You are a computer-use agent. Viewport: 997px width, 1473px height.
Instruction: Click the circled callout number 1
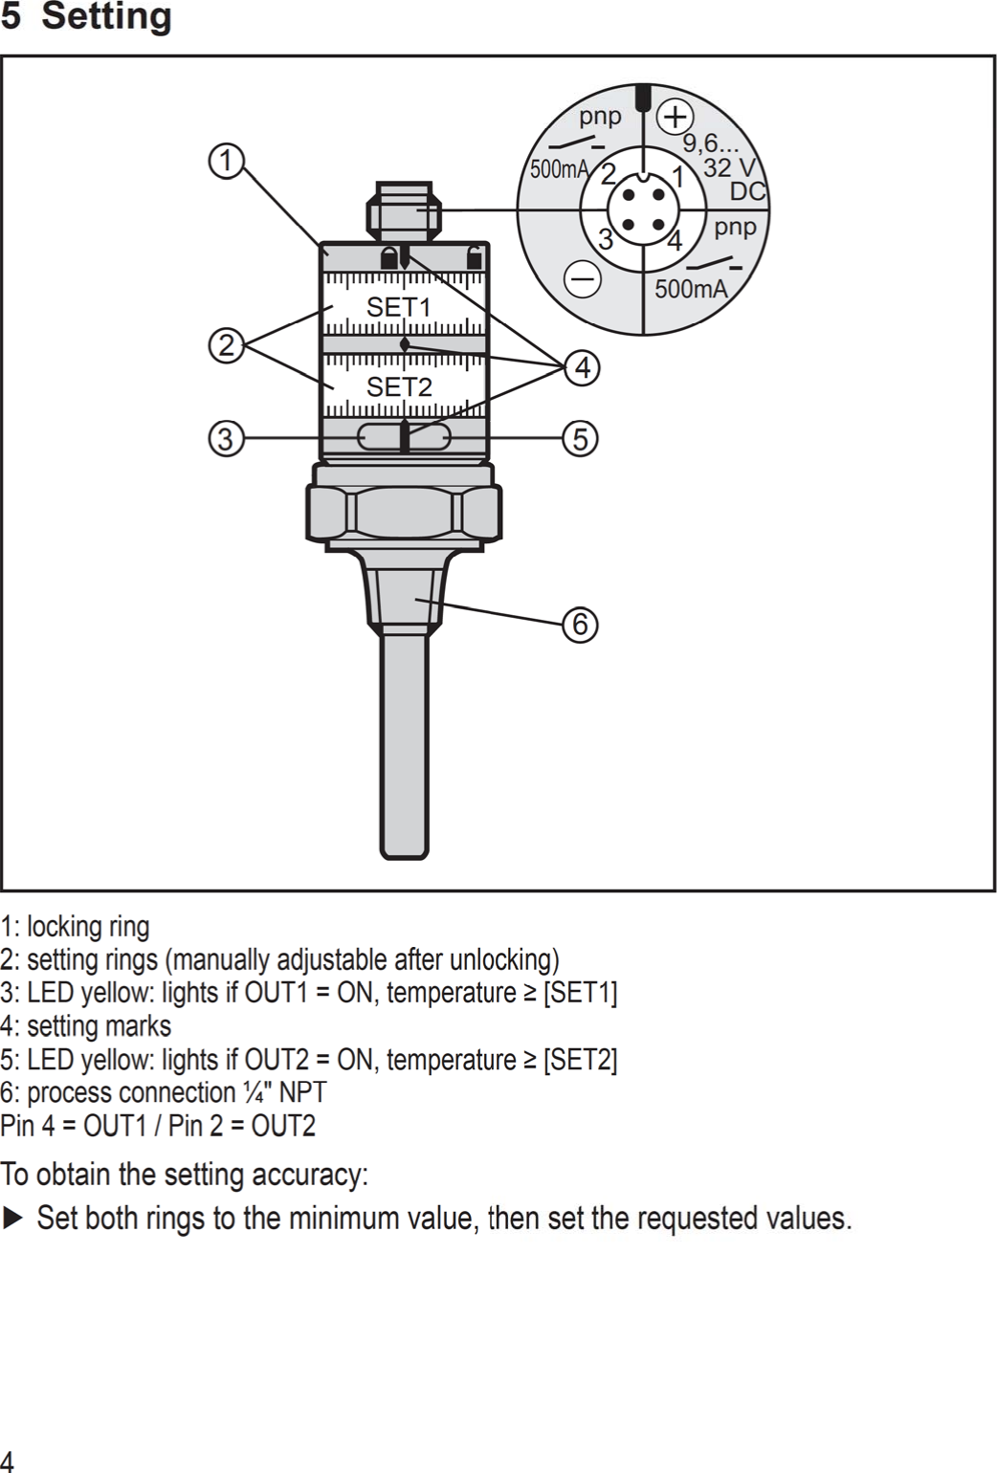(226, 161)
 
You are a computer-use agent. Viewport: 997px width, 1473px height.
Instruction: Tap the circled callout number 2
(226, 345)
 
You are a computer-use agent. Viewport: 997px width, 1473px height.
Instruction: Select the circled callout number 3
(226, 439)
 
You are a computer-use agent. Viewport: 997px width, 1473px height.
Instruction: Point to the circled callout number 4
(582, 367)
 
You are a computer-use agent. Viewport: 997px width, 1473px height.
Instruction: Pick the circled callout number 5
(581, 439)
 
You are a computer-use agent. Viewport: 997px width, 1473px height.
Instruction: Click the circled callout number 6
(581, 625)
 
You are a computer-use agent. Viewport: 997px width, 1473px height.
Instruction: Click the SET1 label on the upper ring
(399, 308)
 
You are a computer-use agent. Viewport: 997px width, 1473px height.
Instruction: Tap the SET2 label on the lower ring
(399, 387)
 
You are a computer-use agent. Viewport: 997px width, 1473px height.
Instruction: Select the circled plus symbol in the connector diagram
(676, 118)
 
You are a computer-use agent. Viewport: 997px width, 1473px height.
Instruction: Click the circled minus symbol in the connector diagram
(583, 279)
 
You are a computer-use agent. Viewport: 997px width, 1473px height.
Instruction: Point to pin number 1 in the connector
(677, 177)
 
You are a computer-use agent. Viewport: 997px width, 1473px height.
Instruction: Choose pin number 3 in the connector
(605, 239)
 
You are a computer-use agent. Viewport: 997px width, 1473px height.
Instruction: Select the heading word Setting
(107, 16)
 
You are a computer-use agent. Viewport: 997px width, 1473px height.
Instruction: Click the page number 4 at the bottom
(8, 1460)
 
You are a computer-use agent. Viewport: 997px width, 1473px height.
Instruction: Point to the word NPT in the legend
(302, 1092)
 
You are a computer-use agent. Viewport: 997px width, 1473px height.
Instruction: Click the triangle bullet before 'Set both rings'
(11, 1219)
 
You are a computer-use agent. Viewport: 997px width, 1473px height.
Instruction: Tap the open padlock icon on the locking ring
(474, 256)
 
